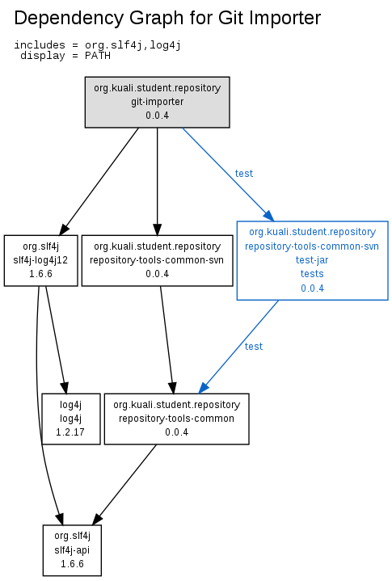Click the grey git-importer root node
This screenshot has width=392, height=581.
pos(157,103)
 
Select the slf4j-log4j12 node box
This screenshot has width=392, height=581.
pos(40,260)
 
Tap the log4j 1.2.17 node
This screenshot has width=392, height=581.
pos(71,419)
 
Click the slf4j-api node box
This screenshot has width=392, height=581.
pos(72,550)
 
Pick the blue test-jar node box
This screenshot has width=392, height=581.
pos(312,260)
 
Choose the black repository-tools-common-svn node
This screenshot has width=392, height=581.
pos(157,260)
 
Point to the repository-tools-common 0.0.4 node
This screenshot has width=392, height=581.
pos(177,419)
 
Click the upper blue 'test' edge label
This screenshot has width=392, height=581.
pos(244,174)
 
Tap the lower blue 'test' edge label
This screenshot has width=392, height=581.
pos(254,347)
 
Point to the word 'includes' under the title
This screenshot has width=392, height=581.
pos(40,45)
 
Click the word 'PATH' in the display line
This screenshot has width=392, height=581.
pos(98,56)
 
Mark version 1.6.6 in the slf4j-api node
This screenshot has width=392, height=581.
pos(72,564)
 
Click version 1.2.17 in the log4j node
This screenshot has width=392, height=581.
pos(70,432)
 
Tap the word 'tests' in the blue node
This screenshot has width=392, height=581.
pos(312,274)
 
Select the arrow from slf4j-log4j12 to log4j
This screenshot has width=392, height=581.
pos(56,339)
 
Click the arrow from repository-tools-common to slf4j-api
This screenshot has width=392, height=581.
pos(124,485)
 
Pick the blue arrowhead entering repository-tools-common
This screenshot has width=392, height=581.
pos(204,388)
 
